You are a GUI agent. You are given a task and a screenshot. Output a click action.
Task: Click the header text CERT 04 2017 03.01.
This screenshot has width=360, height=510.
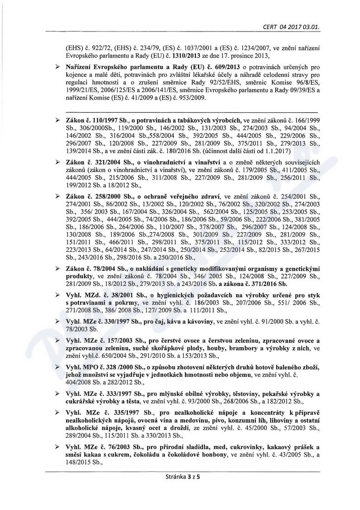[291, 14]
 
